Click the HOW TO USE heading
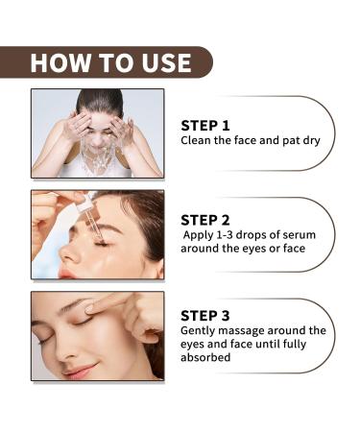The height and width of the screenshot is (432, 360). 110,62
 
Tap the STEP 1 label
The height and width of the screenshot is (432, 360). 206,124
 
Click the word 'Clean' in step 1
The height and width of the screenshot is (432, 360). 198,140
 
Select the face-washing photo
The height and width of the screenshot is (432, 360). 97,133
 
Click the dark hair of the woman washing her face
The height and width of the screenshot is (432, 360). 98,99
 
